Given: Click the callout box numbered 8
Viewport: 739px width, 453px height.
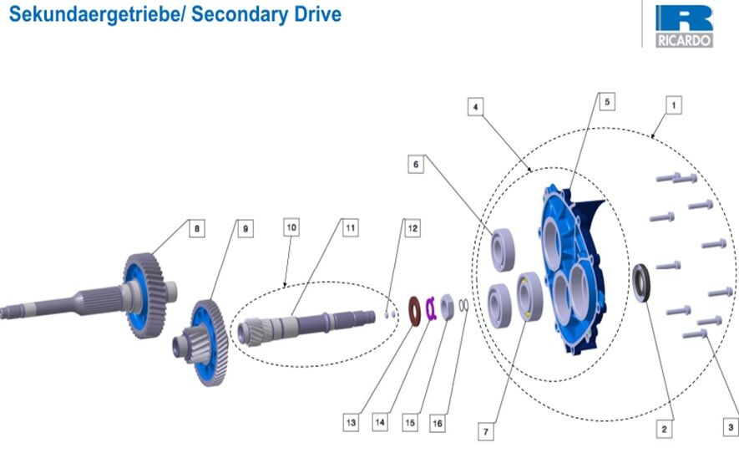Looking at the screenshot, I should (x=196, y=227).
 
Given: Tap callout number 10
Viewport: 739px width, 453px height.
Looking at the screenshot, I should (x=291, y=226).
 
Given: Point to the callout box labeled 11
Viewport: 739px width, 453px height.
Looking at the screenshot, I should (x=350, y=226).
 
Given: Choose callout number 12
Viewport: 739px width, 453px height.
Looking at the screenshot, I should (x=411, y=226).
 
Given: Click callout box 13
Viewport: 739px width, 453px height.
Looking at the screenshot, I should (x=352, y=424).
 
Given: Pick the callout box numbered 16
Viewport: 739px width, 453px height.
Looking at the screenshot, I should (x=438, y=424).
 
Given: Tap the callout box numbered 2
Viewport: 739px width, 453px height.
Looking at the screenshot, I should (x=664, y=429).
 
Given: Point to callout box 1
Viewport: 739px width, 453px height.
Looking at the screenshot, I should (x=673, y=106).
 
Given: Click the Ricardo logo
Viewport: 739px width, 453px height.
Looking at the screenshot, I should (x=684, y=26).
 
